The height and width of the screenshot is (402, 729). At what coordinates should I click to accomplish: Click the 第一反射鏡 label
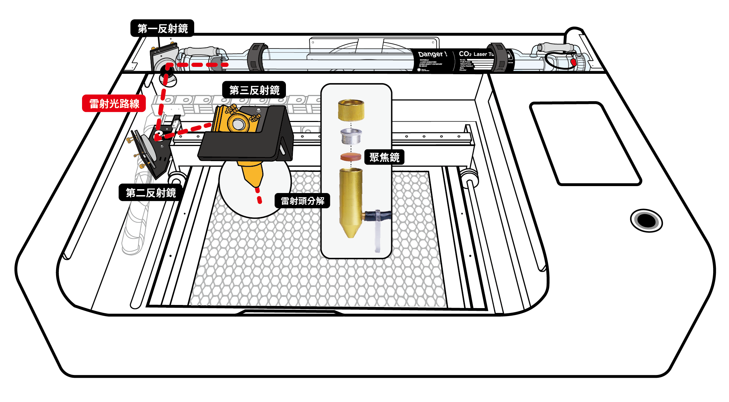[x=162, y=28]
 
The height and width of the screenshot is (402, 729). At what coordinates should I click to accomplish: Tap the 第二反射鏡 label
[x=151, y=193]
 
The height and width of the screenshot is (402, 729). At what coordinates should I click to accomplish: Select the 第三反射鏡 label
[x=254, y=90]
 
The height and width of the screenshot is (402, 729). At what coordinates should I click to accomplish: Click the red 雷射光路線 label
[x=114, y=104]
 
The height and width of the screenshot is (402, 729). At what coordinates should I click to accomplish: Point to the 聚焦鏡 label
[x=384, y=157]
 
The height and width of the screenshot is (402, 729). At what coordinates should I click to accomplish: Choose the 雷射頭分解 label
[x=302, y=201]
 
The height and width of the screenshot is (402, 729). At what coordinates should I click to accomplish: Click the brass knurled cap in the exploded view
[x=351, y=110]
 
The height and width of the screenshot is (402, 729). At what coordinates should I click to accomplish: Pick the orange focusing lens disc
[x=351, y=157]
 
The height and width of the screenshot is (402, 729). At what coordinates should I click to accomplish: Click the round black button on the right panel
[x=646, y=220]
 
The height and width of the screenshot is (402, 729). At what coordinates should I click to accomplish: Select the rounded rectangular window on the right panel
[x=585, y=143]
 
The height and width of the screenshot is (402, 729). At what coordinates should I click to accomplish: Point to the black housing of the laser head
[x=242, y=146]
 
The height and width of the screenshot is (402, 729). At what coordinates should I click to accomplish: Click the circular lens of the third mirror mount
[x=238, y=124]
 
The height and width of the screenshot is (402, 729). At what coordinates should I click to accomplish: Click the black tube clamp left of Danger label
[x=256, y=57]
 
